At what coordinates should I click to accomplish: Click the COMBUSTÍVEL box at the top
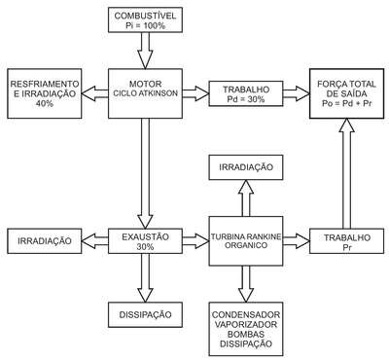[145, 20]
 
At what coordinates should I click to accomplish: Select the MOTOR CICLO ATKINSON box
[145, 93]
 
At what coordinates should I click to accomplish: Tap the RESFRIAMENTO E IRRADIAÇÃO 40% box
[45, 93]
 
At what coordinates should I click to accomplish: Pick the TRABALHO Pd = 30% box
[246, 93]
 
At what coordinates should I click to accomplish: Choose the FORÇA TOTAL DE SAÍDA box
[346, 93]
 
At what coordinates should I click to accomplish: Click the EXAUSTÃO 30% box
[145, 241]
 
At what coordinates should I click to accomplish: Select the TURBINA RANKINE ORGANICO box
[246, 241]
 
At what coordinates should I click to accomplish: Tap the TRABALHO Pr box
[346, 241]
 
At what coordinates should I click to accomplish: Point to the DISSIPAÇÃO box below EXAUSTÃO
[145, 314]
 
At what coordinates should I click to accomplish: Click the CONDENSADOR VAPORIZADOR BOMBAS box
[246, 329]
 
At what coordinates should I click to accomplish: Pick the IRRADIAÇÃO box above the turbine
[246, 167]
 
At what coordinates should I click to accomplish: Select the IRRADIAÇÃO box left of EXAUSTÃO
[45, 241]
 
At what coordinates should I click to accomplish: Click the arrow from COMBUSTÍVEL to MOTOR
[145, 51]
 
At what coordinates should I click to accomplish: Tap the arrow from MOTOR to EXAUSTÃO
[145, 173]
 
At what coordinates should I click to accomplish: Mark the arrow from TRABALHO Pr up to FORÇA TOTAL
[346, 173]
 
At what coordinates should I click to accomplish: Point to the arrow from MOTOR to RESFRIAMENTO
[94, 93]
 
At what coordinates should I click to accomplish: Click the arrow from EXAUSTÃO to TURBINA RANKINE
[195, 241]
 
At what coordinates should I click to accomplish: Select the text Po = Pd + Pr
[346, 104]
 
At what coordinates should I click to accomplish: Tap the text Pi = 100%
[145, 25]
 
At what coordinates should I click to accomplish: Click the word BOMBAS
[246, 334]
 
